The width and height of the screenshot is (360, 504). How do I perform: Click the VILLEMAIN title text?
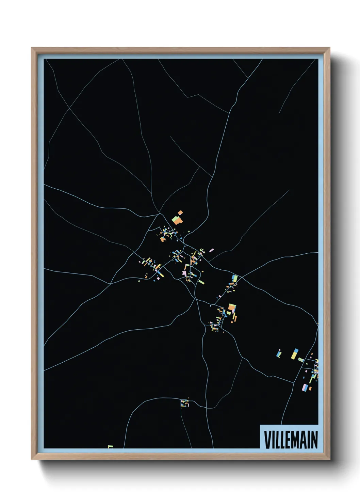[x=291, y=440]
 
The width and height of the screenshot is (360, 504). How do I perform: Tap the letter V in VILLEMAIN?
[x=267, y=440]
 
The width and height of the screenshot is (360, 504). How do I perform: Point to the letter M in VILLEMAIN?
[x=295, y=440]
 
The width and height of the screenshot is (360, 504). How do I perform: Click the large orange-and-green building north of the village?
[x=177, y=220]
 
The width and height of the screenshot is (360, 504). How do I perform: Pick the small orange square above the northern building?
[x=180, y=213]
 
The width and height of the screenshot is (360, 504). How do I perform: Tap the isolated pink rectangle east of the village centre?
[x=211, y=250]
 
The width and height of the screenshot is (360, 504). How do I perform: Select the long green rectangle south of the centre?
[x=201, y=282]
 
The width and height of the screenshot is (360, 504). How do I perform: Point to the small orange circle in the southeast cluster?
[x=232, y=321]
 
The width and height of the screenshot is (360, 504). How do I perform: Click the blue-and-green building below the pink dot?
[x=279, y=355]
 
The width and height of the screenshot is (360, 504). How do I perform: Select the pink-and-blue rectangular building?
[x=305, y=388]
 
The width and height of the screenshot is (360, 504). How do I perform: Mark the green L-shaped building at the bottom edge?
[x=110, y=446]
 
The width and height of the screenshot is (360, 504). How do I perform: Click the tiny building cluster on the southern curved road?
[x=184, y=403]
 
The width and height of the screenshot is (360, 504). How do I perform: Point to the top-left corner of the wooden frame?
[x=32, y=48]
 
